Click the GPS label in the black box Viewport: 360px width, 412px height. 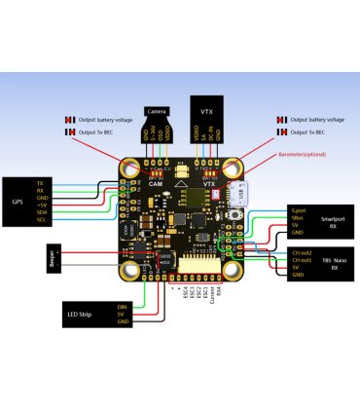(x=18, y=202)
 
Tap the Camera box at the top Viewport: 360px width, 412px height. (x=158, y=112)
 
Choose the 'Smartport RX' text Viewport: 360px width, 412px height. (x=333, y=223)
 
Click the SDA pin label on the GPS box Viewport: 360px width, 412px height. (x=40, y=212)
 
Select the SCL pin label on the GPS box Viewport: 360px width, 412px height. (x=40, y=220)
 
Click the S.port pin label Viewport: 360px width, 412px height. (x=298, y=209)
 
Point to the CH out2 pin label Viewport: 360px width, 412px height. (x=301, y=252)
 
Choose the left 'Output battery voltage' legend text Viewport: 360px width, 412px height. (x=103, y=120)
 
